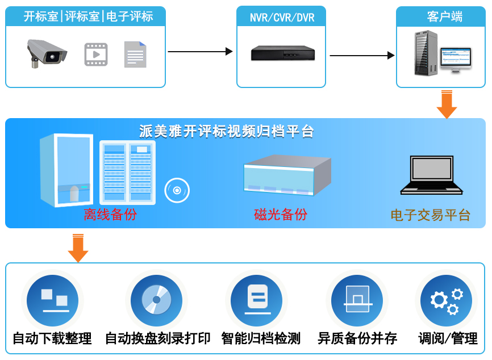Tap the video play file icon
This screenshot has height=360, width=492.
click(x=96, y=55)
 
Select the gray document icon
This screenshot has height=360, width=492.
click(x=135, y=55)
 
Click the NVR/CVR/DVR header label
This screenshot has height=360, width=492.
click(x=282, y=17)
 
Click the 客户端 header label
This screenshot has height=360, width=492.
click(x=444, y=16)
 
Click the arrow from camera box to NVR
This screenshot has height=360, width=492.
click(x=201, y=52)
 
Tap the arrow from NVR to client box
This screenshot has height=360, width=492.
click(x=362, y=56)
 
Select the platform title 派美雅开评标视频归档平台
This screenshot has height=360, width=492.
click(x=227, y=132)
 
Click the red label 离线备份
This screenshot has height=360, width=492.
click(x=110, y=215)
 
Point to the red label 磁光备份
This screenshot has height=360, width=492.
click(x=281, y=215)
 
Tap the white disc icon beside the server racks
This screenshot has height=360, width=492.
click(x=177, y=191)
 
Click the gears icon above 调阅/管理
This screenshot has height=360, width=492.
click(x=447, y=300)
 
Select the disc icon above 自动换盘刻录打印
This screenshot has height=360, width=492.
click(x=156, y=300)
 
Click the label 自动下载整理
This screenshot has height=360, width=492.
click(x=52, y=339)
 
